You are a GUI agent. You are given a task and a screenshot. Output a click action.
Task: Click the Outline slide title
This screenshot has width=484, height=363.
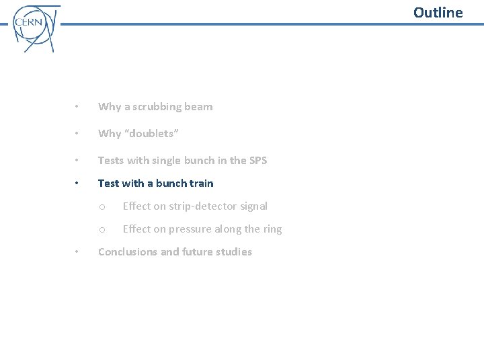pos(438,13)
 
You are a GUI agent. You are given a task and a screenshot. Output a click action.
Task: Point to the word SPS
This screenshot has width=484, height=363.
pos(257,160)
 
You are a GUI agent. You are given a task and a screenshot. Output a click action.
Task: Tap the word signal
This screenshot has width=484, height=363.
pos(253,206)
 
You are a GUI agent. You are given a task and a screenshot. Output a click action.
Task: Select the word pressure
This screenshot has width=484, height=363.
pos(192,229)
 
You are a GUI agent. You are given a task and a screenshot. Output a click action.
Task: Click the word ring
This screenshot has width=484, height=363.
pos(272,229)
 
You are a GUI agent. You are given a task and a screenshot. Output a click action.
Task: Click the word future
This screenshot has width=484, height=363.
pos(198,252)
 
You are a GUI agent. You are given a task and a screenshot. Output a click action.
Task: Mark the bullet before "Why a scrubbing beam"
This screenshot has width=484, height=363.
pos(78,107)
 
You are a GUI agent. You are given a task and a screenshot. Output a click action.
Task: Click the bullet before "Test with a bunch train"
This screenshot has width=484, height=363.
pos(78,183)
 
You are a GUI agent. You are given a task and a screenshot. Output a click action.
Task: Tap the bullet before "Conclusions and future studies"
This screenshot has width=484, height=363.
pos(78,252)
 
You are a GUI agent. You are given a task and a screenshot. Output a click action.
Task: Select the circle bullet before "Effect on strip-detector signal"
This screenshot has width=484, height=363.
pos(102,207)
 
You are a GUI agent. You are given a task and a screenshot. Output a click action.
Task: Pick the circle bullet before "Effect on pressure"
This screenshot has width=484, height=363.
pos(102,230)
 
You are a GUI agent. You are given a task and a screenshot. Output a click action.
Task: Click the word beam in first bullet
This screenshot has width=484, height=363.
pos(199,107)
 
